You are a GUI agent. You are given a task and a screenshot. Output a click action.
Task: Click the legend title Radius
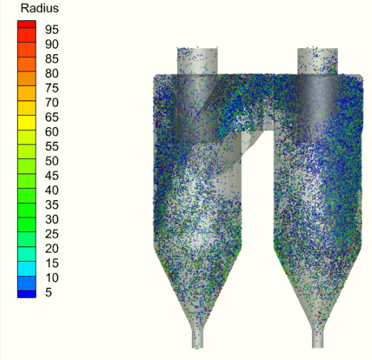40,9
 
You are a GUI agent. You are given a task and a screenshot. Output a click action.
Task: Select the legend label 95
51,30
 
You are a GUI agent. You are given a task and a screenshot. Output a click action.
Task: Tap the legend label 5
48,292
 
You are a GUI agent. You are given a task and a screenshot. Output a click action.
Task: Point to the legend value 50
51,161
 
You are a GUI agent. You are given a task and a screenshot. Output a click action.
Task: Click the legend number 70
51,103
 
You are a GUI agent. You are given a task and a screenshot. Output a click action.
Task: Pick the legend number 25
51,234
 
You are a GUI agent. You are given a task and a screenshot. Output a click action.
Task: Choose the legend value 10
51,278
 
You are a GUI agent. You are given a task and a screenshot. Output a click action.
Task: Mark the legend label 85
51,59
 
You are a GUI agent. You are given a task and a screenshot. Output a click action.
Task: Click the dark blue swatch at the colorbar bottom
27,294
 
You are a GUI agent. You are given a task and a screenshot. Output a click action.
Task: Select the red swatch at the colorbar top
27,25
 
